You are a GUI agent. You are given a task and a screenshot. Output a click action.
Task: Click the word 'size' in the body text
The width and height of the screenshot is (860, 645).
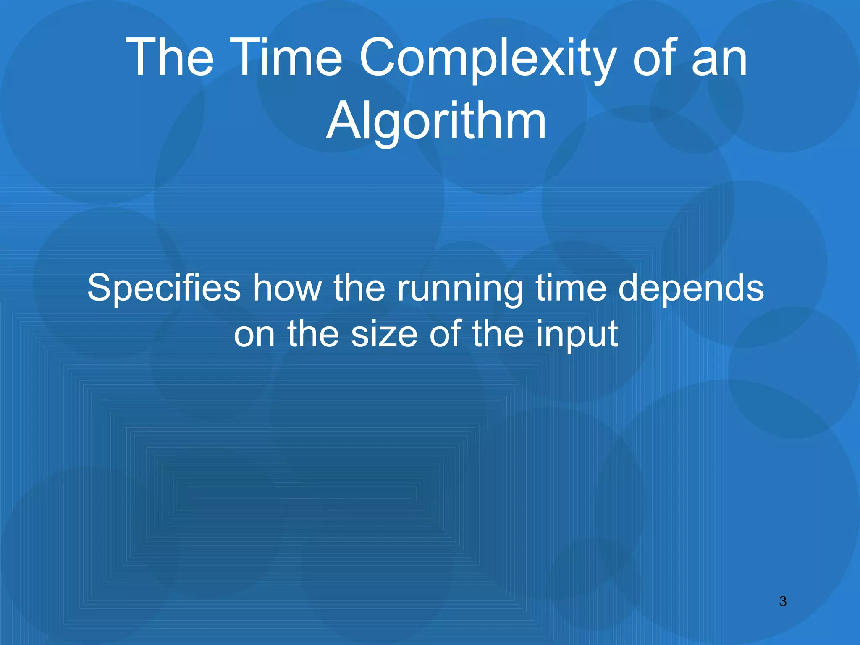(384, 334)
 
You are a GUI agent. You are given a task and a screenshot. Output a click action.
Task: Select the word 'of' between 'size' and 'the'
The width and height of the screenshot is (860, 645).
(445, 334)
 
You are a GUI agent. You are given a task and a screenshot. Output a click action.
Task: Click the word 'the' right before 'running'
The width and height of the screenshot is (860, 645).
(359, 288)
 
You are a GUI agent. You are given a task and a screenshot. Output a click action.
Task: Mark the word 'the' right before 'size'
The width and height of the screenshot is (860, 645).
(313, 334)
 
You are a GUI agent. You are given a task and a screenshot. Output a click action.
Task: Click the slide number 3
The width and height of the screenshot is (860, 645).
(783, 602)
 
